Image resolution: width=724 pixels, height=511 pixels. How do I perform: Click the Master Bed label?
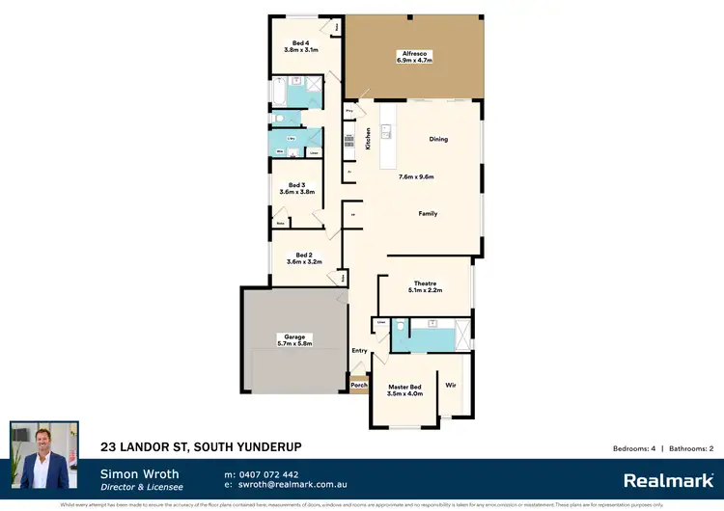[404, 390]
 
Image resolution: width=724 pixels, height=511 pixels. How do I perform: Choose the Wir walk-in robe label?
[450, 385]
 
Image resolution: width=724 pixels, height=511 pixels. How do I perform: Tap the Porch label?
[359, 386]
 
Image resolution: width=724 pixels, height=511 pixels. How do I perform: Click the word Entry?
[360, 351]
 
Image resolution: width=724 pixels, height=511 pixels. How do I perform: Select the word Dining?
[438, 140]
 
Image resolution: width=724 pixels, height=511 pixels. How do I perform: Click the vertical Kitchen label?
[368, 140]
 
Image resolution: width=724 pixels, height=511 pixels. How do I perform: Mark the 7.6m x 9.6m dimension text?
[416, 177]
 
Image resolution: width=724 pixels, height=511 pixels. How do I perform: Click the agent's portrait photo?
[44, 454]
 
